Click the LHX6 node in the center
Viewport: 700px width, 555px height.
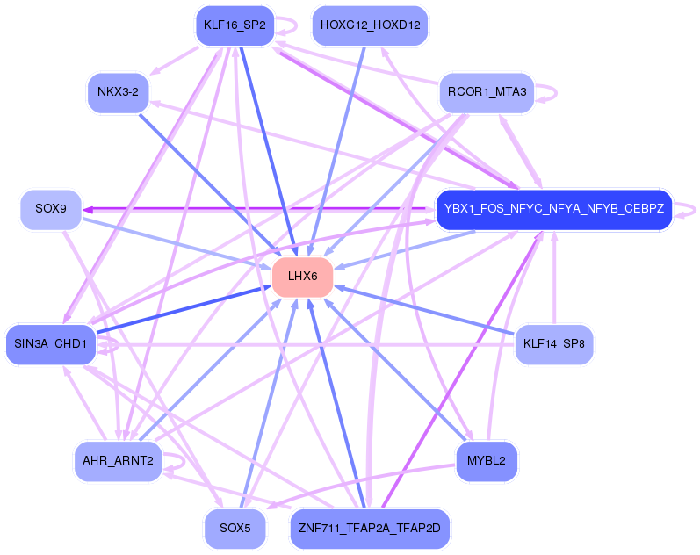click(x=301, y=277)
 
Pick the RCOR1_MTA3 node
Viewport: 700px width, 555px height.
click(x=487, y=91)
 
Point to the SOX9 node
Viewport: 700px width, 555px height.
click(x=51, y=210)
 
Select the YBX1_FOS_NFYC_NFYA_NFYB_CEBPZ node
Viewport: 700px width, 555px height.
click(x=553, y=210)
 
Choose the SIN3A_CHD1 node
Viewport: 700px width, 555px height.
click(x=50, y=343)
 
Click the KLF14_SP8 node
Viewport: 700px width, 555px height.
click(x=554, y=343)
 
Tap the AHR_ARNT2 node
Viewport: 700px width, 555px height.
click(x=118, y=461)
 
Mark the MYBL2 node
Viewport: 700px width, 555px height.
click(x=487, y=461)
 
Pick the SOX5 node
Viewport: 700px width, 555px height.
click(x=235, y=528)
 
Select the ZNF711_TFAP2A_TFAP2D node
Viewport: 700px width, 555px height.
click(x=370, y=528)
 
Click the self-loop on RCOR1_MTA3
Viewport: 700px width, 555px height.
click(x=555, y=90)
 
